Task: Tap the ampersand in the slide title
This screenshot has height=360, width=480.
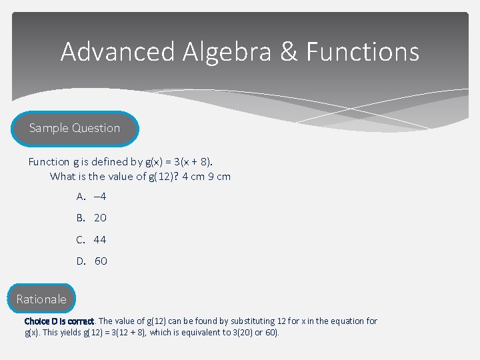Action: (x=289, y=52)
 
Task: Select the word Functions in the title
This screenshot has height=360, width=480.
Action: (x=363, y=52)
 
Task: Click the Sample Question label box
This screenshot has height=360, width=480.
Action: (x=75, y=128)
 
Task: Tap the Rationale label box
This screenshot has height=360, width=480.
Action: (x=41, y=299)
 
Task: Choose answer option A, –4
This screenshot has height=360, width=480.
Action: (x=92, y=196)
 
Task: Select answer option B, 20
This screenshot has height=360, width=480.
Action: (x=92, y=218)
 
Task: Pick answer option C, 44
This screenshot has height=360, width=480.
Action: (x=92, y=239)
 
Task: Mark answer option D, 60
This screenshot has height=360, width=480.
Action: (x=93, y=261)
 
